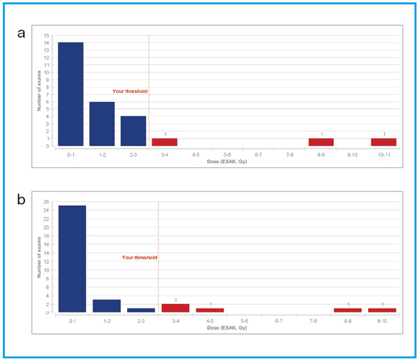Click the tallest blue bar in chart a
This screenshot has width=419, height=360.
(71, 94)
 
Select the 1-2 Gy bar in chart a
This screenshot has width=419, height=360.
(102, 123)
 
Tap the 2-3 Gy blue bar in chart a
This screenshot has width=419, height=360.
(133, 131)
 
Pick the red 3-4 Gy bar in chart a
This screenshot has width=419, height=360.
(165, 142)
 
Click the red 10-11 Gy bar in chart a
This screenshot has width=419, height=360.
(384, 142)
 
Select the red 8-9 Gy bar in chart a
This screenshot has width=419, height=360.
(321, 142)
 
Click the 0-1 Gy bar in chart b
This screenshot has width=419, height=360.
(72, 259)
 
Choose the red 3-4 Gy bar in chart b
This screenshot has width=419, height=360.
(176, 308)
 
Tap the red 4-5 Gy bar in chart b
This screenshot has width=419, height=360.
(210, 310)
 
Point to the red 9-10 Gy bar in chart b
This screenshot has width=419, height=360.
(383, 310)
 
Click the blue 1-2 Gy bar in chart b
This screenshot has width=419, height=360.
(107, 306)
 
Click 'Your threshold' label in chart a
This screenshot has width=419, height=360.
(130, 91)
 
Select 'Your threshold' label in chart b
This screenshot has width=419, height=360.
(140, 257)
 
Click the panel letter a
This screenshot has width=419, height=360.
(23, 33)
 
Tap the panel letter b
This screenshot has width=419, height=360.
(23, 200)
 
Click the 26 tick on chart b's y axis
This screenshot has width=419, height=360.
(47, 202)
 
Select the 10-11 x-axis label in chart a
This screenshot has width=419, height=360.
(384, 154)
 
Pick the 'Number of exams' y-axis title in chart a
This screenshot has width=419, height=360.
(40, 91)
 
